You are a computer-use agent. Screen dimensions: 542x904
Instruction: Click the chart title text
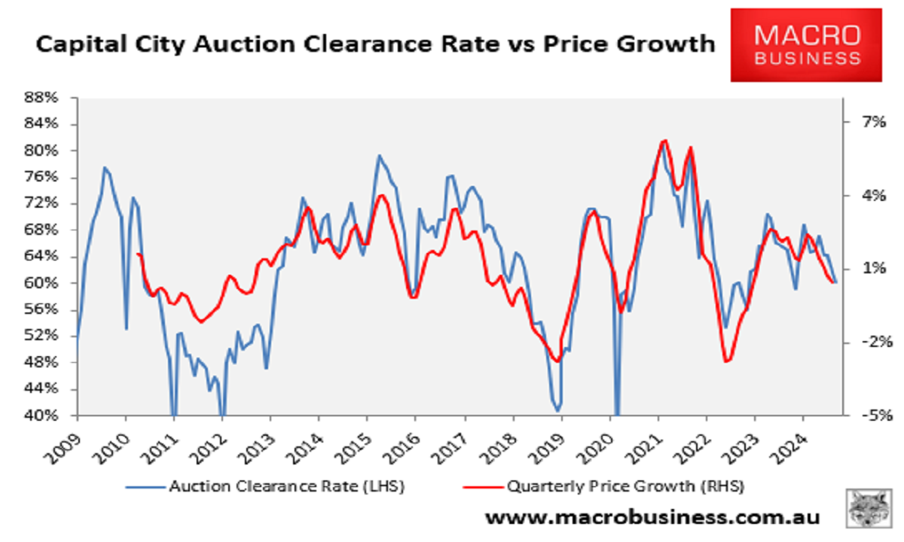click(x=375, y=44)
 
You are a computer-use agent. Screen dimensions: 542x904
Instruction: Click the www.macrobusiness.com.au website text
click(x=652, y=518)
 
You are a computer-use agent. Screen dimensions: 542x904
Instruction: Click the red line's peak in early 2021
click(x=664, y=141)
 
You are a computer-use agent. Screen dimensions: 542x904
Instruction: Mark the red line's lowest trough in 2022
click(x=727, y=361)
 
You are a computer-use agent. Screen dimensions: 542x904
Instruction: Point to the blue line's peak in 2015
click(x=379, y=156)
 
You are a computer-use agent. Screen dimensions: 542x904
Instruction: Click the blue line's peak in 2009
click(x=105, y=168)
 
